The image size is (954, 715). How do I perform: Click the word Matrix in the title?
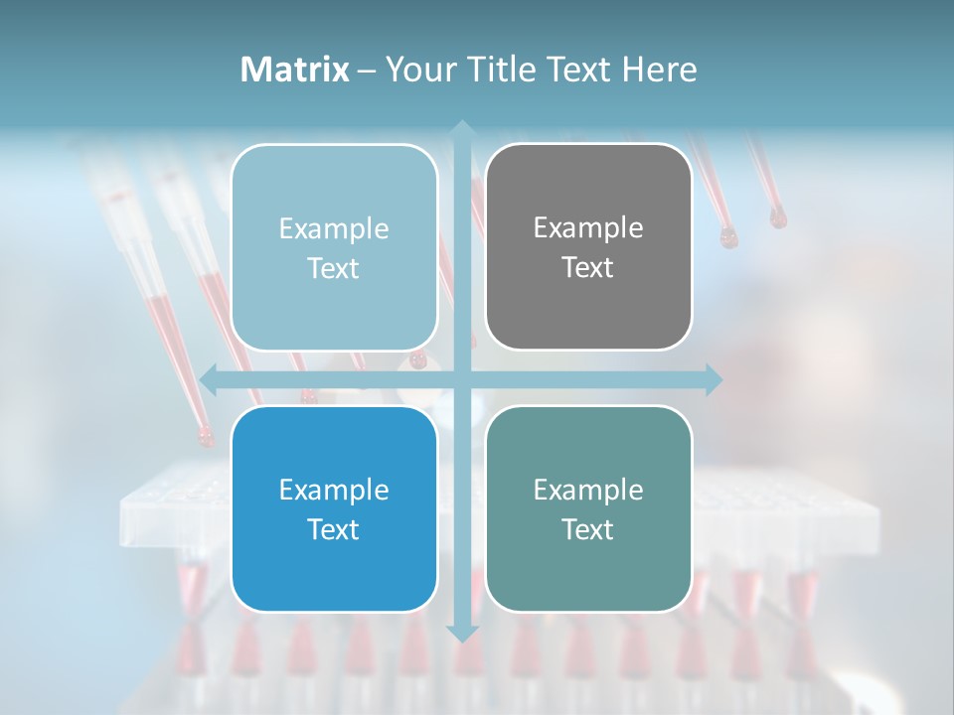pos(294,70)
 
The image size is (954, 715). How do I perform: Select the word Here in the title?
pos(660,70)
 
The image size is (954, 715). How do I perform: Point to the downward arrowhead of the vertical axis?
pos(461,633)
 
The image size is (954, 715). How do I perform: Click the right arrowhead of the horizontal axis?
pos(713,378)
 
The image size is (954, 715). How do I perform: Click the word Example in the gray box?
pos(588,228)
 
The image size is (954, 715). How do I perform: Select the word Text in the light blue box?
pos(334,269)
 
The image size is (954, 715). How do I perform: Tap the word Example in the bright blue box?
pos(334,490)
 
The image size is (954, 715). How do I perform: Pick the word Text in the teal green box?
pos(588,529)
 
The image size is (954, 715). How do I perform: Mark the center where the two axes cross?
pos(461,378)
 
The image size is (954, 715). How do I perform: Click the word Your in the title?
pos(417,70)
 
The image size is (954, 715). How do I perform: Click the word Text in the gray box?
pos(588,268)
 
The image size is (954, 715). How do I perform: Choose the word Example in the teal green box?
pos(588,490)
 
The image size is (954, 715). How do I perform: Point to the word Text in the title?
pos(579,70)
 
